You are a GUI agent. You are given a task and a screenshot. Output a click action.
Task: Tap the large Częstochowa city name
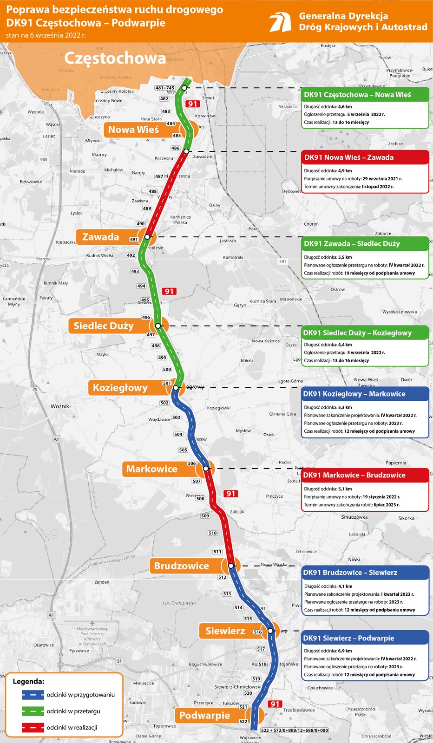[114, 58]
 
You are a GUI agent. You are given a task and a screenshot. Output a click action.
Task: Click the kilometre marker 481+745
[165, 88]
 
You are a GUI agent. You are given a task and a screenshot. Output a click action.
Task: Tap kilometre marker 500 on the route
[167, 370]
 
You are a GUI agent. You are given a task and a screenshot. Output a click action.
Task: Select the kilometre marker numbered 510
[213, 533]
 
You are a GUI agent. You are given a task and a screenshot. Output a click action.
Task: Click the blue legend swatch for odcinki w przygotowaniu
[33, 695]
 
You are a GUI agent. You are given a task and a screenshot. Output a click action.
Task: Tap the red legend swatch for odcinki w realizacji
[33, 728]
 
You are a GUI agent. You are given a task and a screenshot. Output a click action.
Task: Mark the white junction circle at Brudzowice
[231, 566]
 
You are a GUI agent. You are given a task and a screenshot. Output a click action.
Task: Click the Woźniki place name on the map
[61, 406]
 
